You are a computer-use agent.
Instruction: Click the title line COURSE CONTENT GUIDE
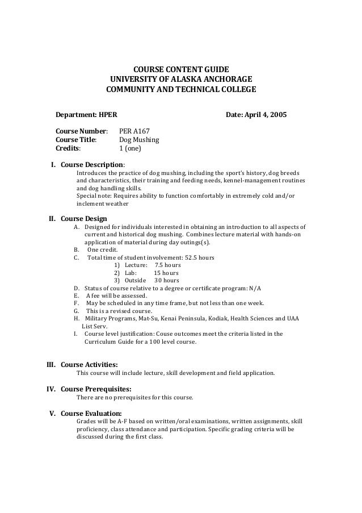[180, 69]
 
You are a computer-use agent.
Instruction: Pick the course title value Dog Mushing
[139, 140]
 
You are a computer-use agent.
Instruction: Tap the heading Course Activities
[89, 364]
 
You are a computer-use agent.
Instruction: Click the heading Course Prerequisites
[96, 389]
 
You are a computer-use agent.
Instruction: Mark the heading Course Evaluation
[91, 413]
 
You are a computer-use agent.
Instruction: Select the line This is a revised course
[119, 311]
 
